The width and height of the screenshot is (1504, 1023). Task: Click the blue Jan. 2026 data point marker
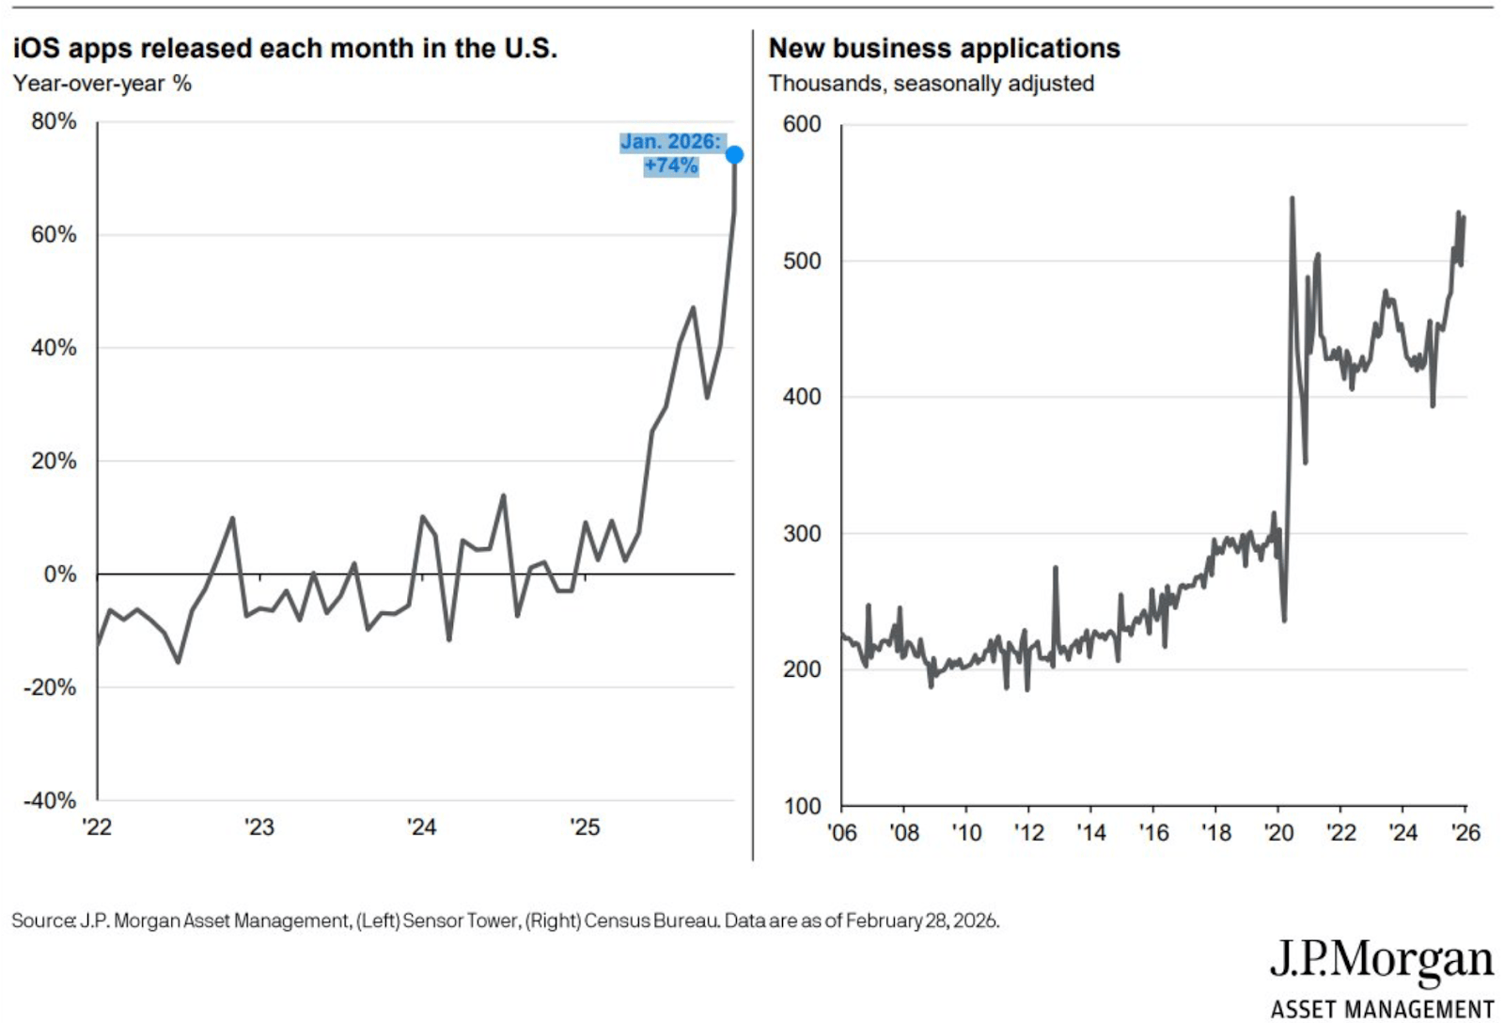(x=734, y=154)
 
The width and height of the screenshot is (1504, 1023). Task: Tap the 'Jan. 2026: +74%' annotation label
(x=671, y=153)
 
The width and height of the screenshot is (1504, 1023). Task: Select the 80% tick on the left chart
(x=54, y=121)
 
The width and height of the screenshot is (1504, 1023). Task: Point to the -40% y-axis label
(x=51, y=801)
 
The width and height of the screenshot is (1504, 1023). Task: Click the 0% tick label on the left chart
(x=60, y=574)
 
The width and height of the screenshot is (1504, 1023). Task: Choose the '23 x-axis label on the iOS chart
(x=258, y=827)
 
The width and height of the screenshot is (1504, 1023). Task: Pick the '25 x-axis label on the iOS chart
(x=584, y=827)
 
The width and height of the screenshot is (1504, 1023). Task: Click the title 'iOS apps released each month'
(x=285, y=48)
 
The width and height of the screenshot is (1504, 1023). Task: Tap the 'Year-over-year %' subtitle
(x=102, y=84)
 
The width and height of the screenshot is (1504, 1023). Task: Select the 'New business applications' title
(x=944, y=48)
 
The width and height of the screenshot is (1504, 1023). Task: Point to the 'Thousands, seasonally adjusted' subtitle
(x=931, y=84)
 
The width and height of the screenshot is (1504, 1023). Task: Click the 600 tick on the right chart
(x=802, y=124)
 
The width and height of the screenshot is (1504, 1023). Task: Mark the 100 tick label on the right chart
(x=802, y=807)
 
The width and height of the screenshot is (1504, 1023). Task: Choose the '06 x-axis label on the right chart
(x=841, y=833)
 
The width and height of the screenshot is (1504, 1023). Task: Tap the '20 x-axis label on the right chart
(x=1278, y=833)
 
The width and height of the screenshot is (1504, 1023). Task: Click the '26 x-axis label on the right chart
(x=1465, y=833)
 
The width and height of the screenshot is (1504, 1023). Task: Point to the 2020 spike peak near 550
(x=1292, y=197)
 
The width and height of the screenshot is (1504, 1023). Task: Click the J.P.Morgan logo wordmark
(x=1381, y=960)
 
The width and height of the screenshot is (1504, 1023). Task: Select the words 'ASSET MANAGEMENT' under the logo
(x=1382, y=1009)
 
